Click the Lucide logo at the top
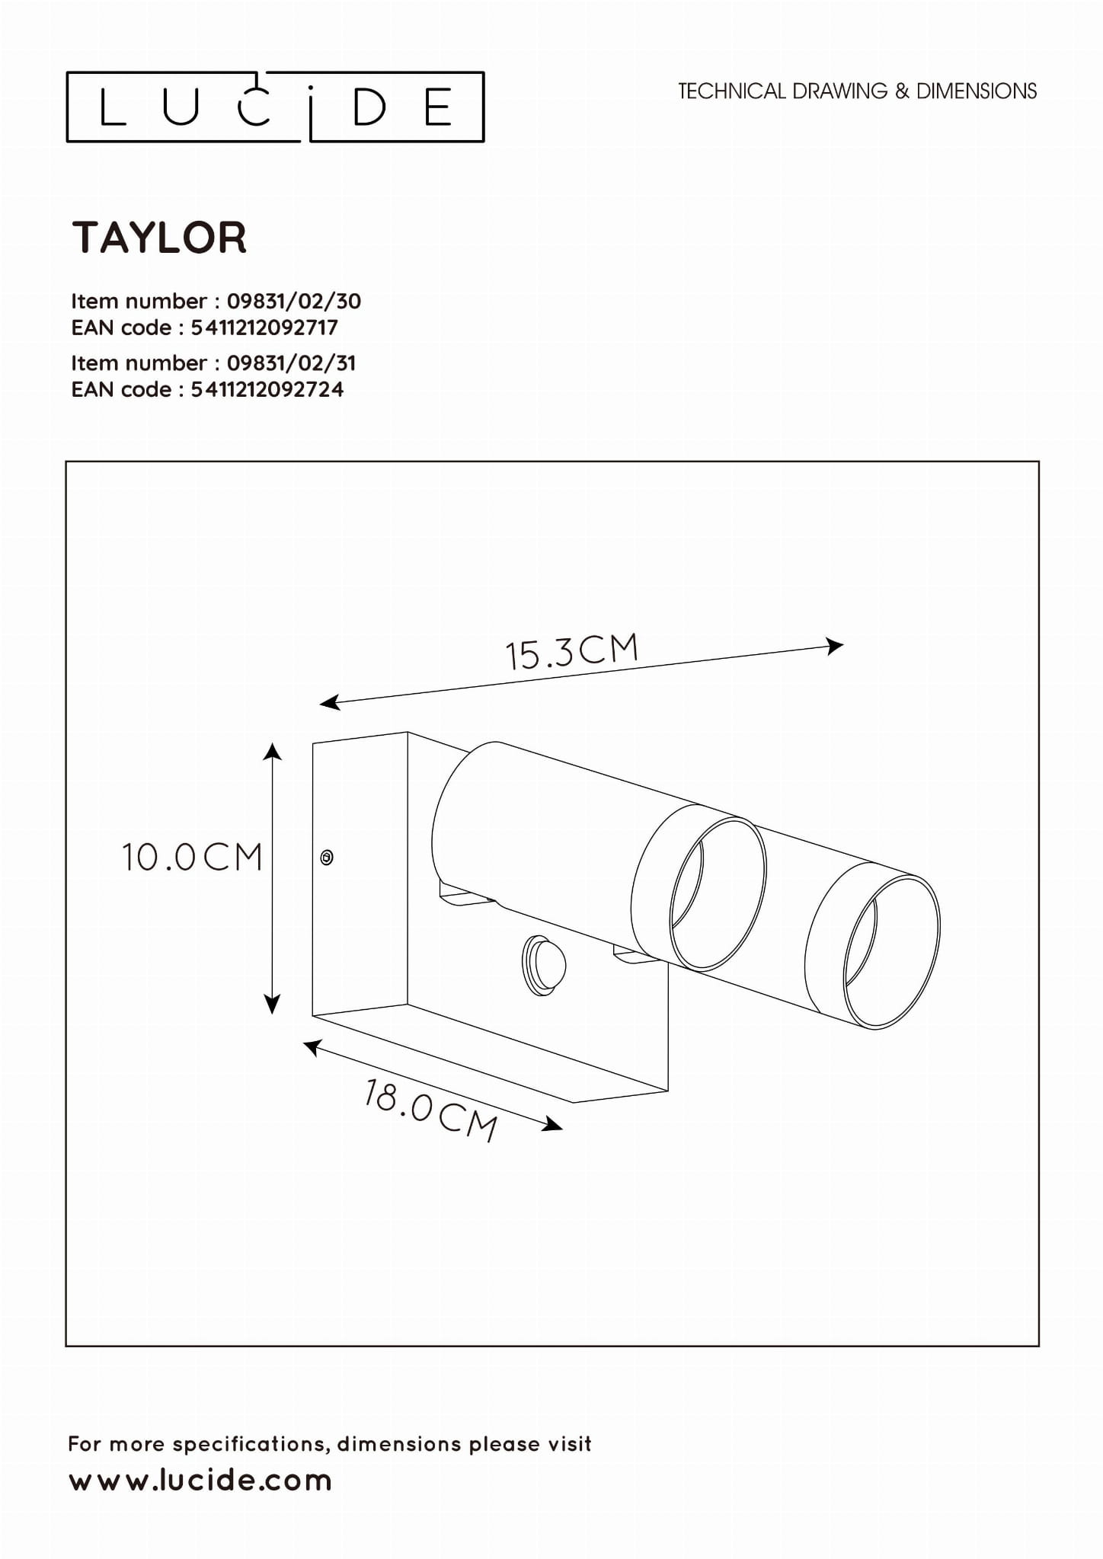coord(275,107)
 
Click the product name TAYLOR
coord(159,238)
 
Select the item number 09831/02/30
coord(293,302)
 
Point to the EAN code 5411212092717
coord(264,328)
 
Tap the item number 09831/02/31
coord(291,363)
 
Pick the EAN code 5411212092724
coord(267,390)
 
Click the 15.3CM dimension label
coord(571,651)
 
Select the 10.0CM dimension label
coord(192,858)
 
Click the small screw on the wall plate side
coord(327,858)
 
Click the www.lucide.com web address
coord(200,1481)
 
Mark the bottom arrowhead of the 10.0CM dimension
coord(272,1005)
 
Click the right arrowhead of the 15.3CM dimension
coord(836,647)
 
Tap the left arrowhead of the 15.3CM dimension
coord(329,703)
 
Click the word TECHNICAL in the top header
coord(731,91)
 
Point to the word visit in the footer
coord(567,1444)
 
